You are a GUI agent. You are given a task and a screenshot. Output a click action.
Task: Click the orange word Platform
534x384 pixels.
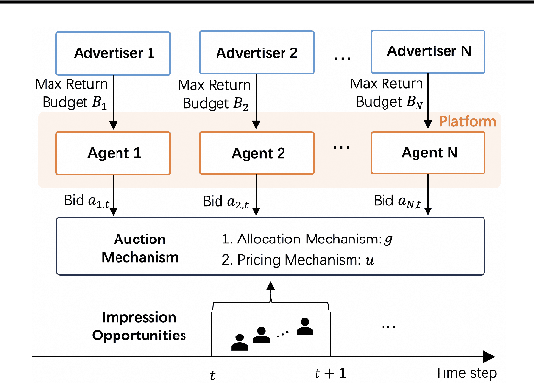[x=467, y=121]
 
